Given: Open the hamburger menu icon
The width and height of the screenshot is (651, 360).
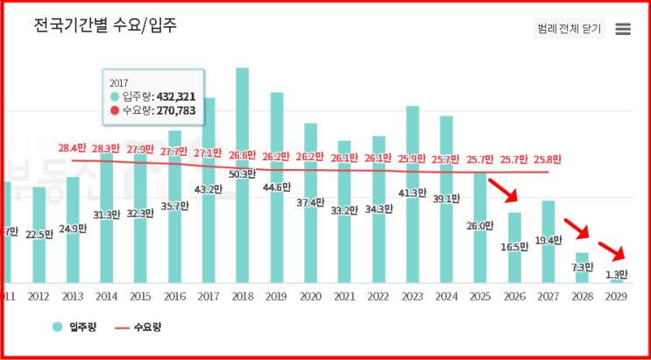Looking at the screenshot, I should tap(623, 29).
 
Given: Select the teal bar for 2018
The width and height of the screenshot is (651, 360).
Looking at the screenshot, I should tap(242, 175).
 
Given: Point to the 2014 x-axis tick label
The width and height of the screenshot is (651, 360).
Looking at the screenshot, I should tap(106, 297).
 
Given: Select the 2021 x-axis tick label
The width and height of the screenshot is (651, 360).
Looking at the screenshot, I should tap(344, 297).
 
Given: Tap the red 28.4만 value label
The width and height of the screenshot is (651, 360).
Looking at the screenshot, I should tap(72, 148).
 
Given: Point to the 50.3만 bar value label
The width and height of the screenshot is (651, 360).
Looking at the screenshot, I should tap(242, 174).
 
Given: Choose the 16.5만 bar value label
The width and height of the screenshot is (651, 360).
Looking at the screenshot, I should tap(514, 246).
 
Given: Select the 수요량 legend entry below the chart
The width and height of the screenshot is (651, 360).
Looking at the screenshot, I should tap(139, 328).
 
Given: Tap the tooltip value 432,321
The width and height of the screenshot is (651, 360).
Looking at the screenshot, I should tap(174, 96).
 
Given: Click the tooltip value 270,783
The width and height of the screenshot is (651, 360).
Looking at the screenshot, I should tap(174, 111).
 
